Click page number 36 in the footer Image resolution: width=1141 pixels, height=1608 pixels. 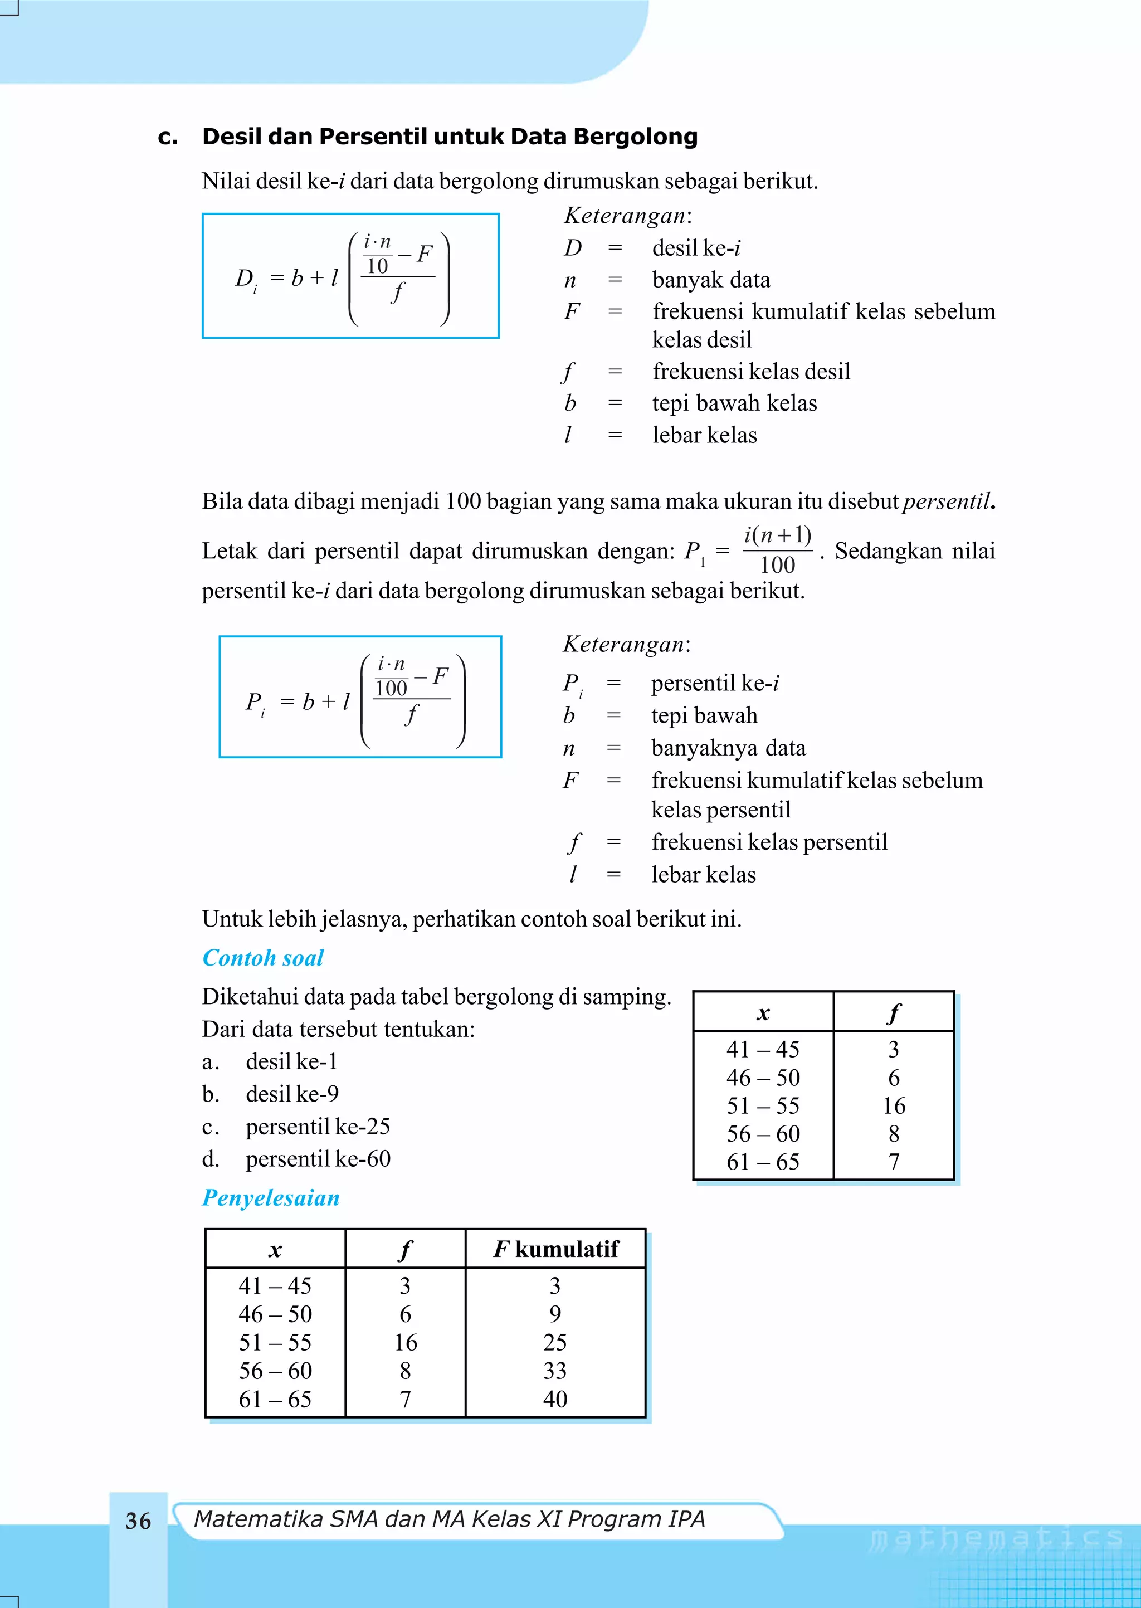[x=138, y=1521]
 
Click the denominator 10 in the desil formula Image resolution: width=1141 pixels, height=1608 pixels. [x=377, y=266]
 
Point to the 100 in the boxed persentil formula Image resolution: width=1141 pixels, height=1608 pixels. [x=391, y=689]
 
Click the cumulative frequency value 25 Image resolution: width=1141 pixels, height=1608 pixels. [x=554, y=1342]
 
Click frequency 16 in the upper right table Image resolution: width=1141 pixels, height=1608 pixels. [x=894, y=1106]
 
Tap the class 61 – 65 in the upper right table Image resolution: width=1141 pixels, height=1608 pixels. [x=763, y=1162]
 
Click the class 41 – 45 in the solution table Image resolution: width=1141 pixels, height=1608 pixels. [x=275, y=1285]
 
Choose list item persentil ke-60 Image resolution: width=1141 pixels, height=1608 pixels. [x=318, y=1158]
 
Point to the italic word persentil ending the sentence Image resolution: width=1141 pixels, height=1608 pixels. [x=947, y=501]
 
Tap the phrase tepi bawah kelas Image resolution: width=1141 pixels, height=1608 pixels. [x=734, y=403]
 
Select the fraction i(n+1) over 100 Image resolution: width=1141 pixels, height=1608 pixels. [x=777, y=550]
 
